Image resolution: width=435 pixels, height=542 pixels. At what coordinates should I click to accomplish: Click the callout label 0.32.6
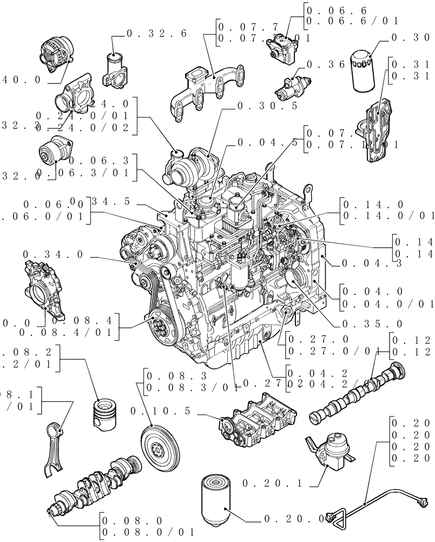(x=156, y=34)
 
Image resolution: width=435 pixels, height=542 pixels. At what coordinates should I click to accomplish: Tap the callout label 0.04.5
(x=268, y=143)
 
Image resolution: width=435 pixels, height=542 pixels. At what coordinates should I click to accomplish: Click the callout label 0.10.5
(x=161, y=412)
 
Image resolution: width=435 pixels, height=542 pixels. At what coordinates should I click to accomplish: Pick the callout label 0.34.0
(x=54, y=255)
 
